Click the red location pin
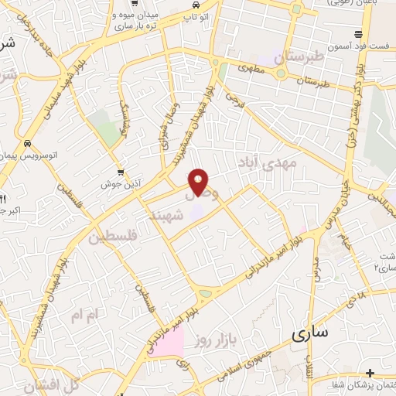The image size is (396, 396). click(200, 182)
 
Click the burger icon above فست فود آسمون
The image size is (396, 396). click(358, 34)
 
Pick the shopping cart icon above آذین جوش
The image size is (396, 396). click(120, 172)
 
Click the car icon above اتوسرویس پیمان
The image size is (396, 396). click(28, 144)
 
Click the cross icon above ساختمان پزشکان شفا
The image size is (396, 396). click(370, 373)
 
